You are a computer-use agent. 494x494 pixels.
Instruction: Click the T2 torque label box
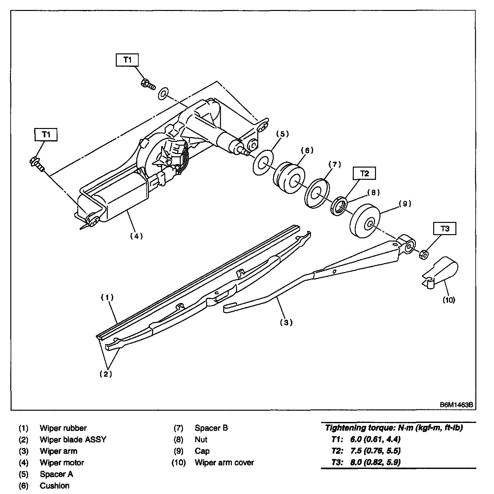[364, 173]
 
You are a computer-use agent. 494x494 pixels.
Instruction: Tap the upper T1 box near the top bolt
[127, 60]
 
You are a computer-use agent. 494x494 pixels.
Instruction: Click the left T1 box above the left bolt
[46, 134]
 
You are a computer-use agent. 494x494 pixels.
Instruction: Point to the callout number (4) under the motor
[136, 236]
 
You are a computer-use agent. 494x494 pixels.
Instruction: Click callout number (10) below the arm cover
[449, 300]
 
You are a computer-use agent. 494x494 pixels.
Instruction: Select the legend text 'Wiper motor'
[62, 462]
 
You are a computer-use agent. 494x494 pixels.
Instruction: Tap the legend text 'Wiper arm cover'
[224, 462]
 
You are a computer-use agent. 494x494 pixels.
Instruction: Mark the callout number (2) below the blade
[106, 374]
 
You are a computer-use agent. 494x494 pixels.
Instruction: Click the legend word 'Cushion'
[54, 485]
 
